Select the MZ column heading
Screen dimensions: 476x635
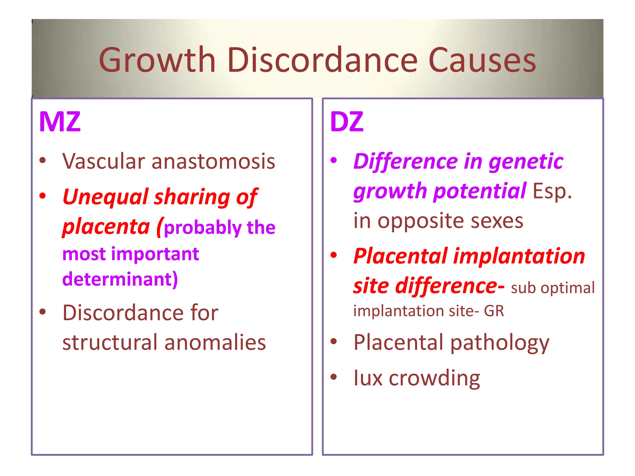[x=60, y=122]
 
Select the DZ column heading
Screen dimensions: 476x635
[x=347, y=122]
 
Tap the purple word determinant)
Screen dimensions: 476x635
[x=120, y=279]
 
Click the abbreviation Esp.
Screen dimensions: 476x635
[x=552, y=191]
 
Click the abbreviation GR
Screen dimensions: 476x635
[x=494, y=311]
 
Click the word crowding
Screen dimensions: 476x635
[x=434, y=378]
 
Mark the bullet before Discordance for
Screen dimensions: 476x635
[x=42, y=312]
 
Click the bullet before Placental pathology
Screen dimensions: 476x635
[x=334, y=342]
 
